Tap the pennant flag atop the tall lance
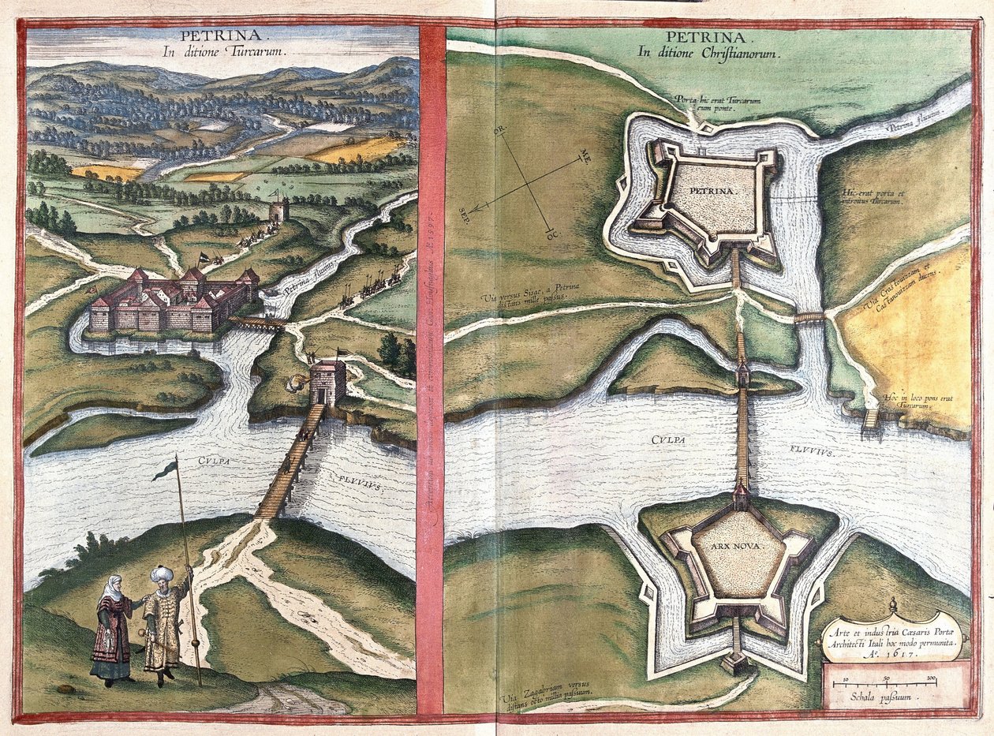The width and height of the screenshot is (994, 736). (x=165, y=470)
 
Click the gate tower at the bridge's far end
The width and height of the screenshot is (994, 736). (x=327, y=383)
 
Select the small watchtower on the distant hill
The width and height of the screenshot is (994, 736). (x=278, y=210)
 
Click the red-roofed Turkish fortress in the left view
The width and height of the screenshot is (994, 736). (x=174, y=302)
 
